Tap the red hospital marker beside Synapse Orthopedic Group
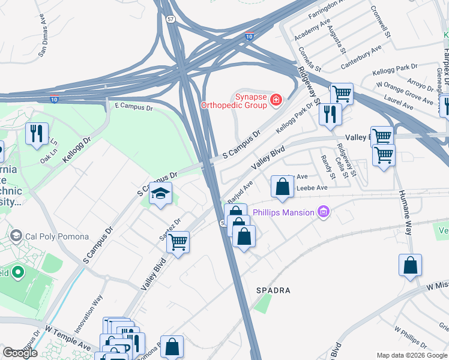click(276, 100)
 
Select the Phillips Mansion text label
click(283, 212)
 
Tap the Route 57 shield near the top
click(172, 19)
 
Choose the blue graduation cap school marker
click(160, 194)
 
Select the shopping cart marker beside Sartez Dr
click(178, 243)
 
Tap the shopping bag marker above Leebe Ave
click(282, 187)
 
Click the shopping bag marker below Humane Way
click(410, 265)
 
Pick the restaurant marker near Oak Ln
click(37, 133)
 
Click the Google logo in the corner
click(20, 353)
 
